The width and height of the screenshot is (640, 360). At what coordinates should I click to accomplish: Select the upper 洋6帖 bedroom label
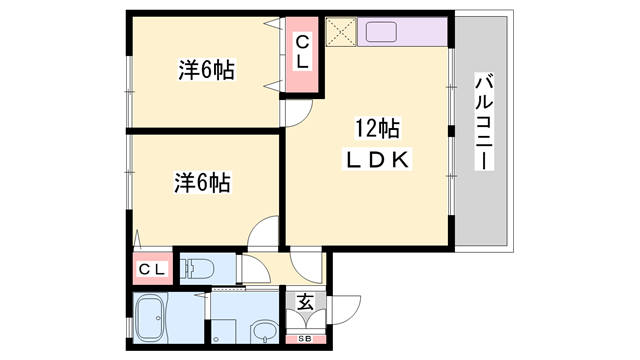coord(207,71)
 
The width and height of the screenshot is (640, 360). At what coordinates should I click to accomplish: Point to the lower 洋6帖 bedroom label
coord(203,183)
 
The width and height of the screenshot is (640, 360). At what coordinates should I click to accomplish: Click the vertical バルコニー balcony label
coord(483,121)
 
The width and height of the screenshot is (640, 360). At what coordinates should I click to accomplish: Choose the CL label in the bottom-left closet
coord(152,269)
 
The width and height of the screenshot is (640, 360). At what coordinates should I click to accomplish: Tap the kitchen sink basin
coord(382,31)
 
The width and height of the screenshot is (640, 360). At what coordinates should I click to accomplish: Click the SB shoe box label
coord(306,340)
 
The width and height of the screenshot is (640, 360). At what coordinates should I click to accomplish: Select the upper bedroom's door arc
coord(293,115)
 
